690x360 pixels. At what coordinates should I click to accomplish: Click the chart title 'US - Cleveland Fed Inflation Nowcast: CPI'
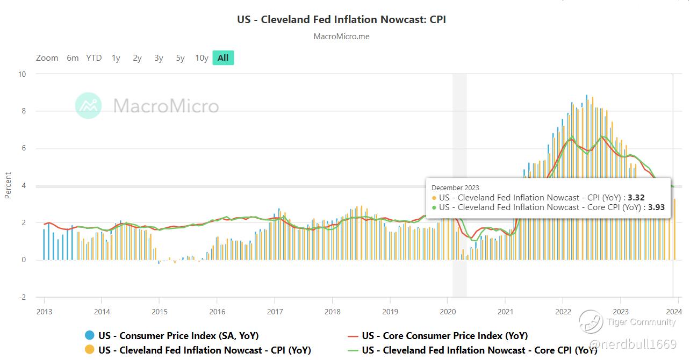pos(341,19)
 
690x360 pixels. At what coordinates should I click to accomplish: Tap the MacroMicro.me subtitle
pos(341,37)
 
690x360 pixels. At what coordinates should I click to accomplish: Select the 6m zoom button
pos(73,58)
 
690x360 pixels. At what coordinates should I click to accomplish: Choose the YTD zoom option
pos(94,58)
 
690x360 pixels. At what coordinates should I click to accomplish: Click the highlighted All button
pos(223,58)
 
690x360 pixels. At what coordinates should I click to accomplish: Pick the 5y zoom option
pos(180,58)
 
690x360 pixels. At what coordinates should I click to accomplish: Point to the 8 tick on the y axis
pos(22,111)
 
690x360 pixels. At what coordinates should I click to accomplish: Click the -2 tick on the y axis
pos(21,297)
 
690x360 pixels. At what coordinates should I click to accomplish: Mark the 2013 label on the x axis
pos(44,312)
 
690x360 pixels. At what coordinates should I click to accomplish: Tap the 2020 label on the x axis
pos(448,312)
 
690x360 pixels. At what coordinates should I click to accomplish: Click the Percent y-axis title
pos(8,185)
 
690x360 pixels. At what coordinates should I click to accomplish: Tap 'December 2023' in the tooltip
pos(456,188)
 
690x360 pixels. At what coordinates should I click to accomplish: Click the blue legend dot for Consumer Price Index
pos(90,336)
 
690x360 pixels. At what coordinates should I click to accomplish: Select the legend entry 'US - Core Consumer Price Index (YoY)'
pos(444,336)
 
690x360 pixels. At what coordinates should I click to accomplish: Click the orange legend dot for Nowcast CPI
pos(90,350)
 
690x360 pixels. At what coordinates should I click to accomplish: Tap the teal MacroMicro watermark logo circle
pos(88,105)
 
